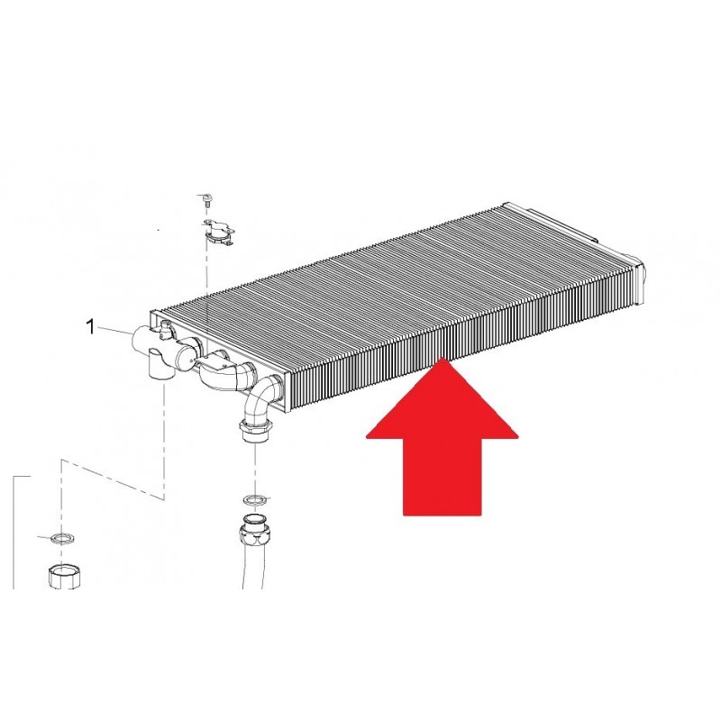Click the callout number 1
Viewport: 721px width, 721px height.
click(90, 327)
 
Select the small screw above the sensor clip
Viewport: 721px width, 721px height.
click(206, 200)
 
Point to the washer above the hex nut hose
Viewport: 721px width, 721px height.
click(252, 499)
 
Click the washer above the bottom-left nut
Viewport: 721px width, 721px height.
click(61, 538)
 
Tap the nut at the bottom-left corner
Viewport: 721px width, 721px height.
click(65, 575)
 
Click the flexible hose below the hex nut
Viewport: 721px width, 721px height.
click(254, 567)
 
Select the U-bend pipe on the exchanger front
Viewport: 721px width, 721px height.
click(225, 372)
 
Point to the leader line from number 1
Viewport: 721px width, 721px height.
click(114, 329)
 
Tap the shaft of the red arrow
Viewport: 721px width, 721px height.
click(442, 477)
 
